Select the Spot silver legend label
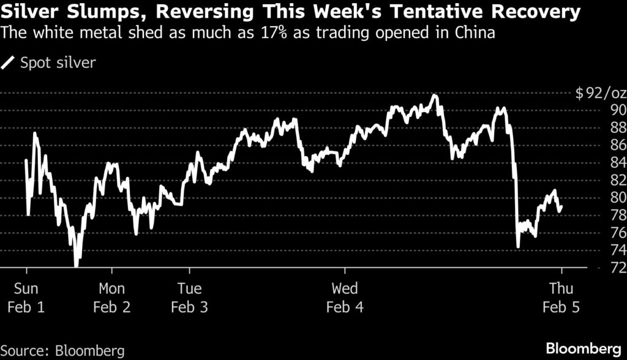pyautogui.click(x=58, y=63)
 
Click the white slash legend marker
pyautogui.click(x=10, y=62)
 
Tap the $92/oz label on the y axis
pyautogui.click(x=601, y=94)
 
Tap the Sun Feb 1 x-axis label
pyautogui.click(x=26, y=298)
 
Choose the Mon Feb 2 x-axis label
pyautogui.click(x=112, y=298)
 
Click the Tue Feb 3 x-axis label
pyautogui.click(x=189, y=298)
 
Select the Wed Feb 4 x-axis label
pyautogui.click(x=345, y=298)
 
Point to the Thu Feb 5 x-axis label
pyautogui.click(x=561, y=298)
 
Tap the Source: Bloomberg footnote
pyautogui.click(x=62, y=351)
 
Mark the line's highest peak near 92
pyautogui.click(x=434, y=96)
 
